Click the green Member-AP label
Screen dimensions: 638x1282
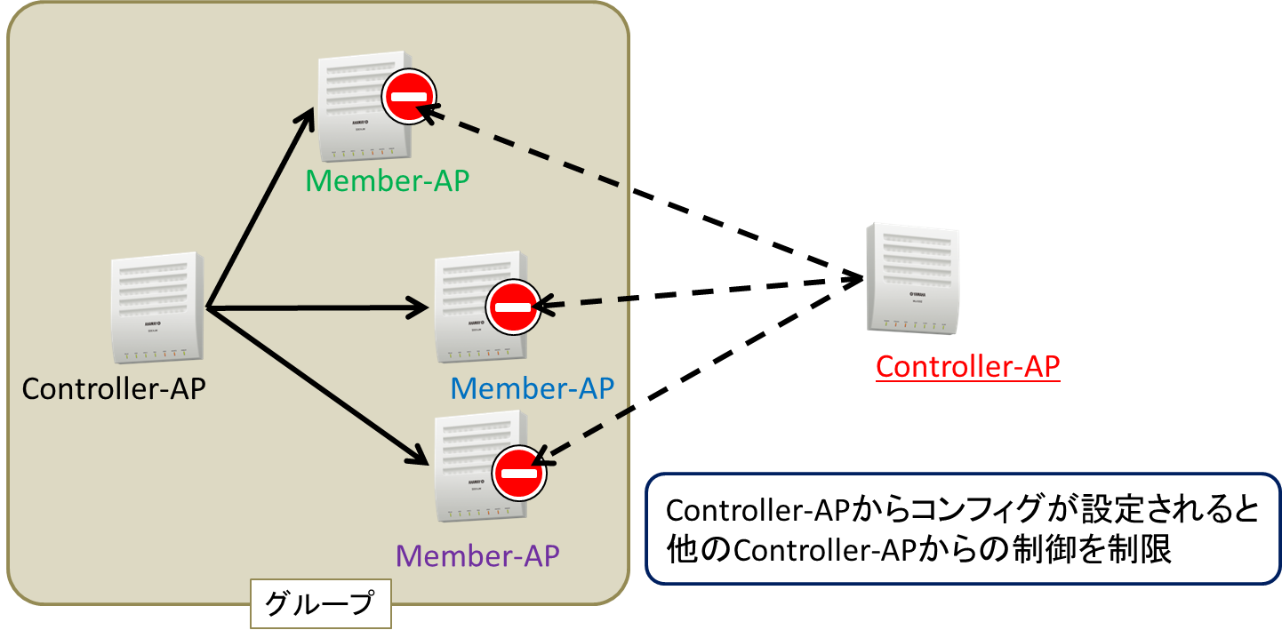387,180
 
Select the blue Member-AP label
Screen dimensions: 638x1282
533,388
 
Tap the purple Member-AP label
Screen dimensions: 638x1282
477,556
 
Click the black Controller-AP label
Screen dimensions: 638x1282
114,389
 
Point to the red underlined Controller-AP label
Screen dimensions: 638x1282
968,366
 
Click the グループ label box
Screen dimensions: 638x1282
320,605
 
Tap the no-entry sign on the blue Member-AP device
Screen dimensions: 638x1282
513,307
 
